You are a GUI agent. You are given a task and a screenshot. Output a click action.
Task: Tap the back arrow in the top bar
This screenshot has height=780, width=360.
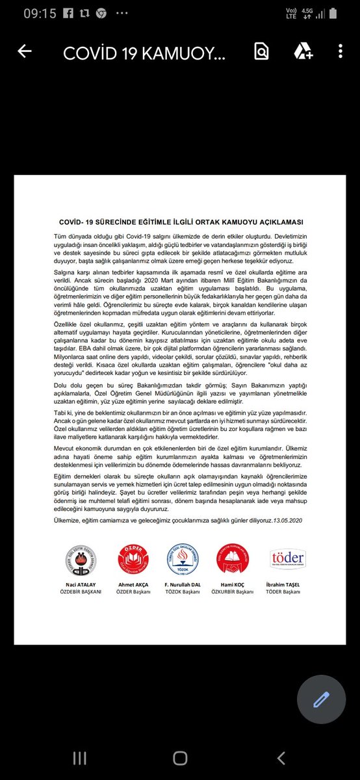point(25,52)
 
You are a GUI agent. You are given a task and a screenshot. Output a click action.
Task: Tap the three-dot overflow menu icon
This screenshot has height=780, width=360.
point(340,52)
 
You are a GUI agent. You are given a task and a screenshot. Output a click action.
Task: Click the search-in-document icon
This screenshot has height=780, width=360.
point(261,52)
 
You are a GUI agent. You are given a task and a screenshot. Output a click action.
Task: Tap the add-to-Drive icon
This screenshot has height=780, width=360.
point(302,52)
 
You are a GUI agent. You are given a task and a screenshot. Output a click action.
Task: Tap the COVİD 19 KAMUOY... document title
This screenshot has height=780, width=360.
point(144,53)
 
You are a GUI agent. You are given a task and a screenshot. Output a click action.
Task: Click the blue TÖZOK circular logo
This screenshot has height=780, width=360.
point(182,559)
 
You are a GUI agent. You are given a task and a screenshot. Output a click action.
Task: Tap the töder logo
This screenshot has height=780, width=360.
point(287,559)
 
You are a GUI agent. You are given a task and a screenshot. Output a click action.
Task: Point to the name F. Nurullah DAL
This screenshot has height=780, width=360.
point(183,585)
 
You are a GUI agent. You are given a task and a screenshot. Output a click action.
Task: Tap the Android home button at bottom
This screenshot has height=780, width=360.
point(180,758)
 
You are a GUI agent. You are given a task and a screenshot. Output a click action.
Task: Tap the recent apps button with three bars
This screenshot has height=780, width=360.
point(79,758)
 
